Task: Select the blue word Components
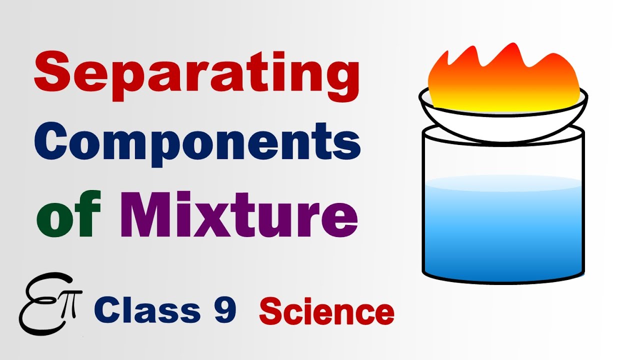click(x=197, y=141)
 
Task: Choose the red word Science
click(x=326, y=312)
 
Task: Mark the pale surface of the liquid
click(x=503, y=182)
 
